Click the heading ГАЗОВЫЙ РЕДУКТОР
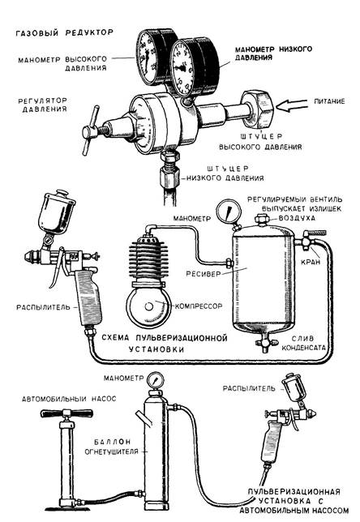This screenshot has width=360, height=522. coord(65,32)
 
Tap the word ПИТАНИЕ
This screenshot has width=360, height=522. coord(329,101)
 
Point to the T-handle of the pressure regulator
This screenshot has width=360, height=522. coord(90,130)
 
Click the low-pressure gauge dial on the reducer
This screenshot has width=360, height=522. coord(182,68)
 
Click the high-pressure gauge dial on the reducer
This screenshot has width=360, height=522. coord(147,57)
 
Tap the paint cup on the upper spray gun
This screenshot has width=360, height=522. coord(56,213)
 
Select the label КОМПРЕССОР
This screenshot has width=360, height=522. coord(199,306)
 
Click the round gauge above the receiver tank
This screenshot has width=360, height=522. coord(229,211)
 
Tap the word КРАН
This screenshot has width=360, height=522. coord(311,262)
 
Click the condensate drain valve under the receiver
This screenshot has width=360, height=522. coord(266,343)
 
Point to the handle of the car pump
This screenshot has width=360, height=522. coord(67,413)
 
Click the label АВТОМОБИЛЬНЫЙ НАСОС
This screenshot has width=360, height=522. coord(69,399)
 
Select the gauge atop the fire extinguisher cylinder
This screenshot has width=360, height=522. coord(154,380)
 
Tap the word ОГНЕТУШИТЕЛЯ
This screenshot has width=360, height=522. coord(111,451)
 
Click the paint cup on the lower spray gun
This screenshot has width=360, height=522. coord(294,387)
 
